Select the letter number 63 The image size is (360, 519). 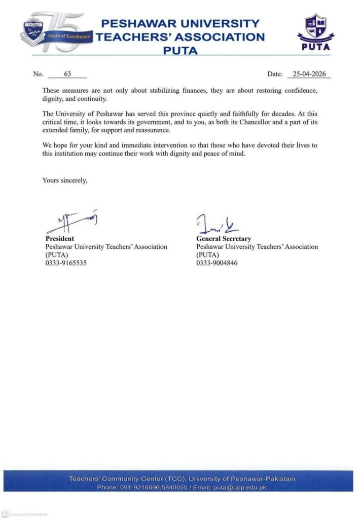(67, 74)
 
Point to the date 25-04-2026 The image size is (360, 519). (308, 74)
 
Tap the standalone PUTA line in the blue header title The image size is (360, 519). (180, 50)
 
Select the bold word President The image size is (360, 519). (60, 238)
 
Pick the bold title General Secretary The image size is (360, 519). (224, 238)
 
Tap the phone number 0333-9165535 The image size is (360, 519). (66, 263)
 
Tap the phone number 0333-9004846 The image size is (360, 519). (217, 263)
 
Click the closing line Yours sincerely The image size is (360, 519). (65, 179)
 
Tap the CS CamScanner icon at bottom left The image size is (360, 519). (6, 513)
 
